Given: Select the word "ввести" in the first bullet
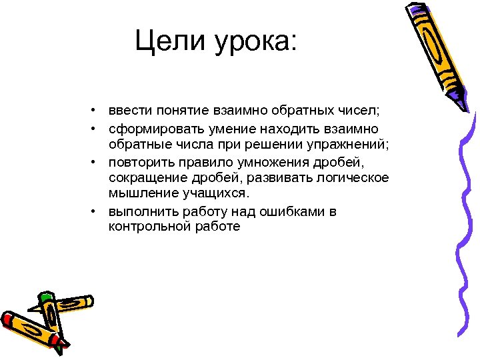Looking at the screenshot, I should click(x=130, y=109).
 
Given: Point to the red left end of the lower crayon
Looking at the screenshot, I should click(x=8, y=319).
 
